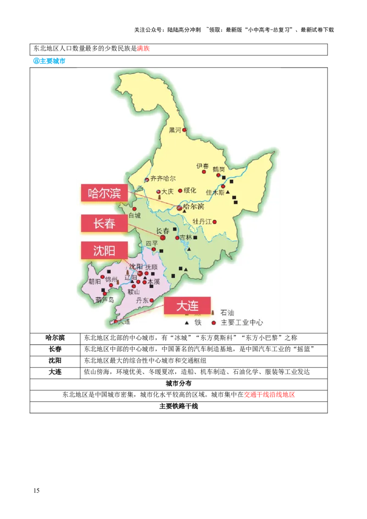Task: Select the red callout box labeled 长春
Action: [x=104, y=223]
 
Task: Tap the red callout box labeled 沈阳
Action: [x=104, y=250]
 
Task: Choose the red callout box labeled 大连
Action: [x=187, y=305]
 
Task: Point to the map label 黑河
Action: [x=175, y=130]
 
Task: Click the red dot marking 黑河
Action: [x=184, y=130]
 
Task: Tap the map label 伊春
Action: [x=202, y=166]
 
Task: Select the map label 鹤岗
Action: [x=219, y=169]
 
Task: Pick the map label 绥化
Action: [x=190, y=190]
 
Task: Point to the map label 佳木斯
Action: [x=215, y=193]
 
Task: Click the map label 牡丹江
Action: [x=202, y=221]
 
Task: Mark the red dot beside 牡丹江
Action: [x=214, y=222]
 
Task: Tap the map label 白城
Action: [x=135, y=215]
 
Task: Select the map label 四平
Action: [x=151, y=243]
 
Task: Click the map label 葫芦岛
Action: [x=105, y=300]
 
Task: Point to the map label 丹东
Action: [x=142, y=301]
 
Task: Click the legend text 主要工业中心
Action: [x=242, y=322]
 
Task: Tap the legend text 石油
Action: [x=227, y=313]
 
